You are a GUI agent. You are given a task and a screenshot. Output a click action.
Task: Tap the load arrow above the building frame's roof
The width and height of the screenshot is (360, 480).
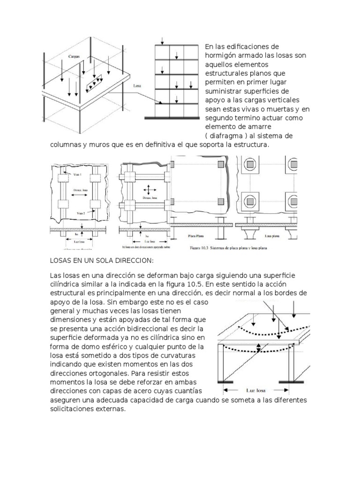162,40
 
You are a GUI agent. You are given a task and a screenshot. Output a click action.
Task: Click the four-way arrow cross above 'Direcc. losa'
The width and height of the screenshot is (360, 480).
149,190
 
